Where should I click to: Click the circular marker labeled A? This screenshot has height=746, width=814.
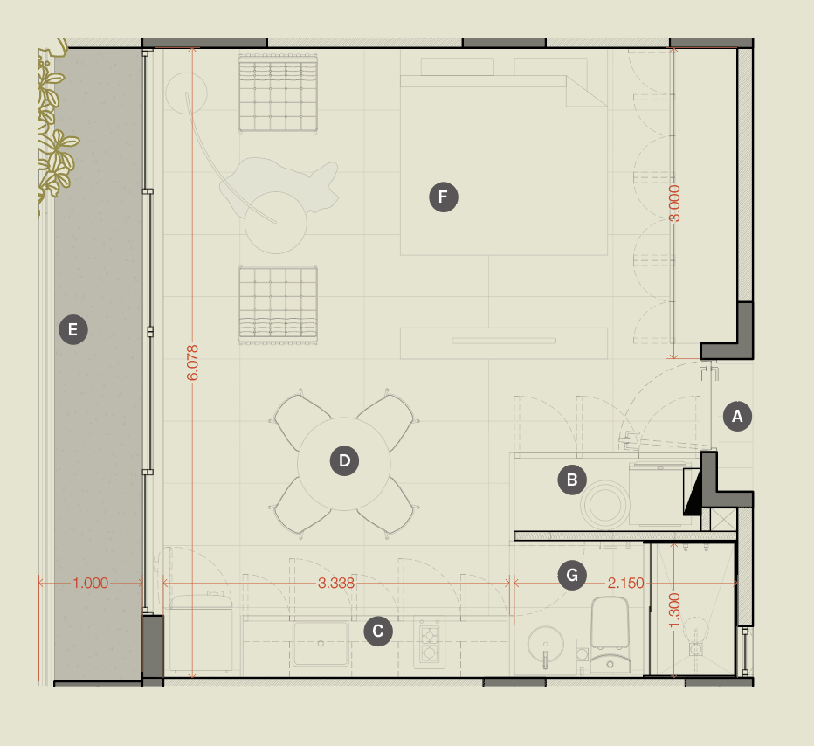tap(737, 416)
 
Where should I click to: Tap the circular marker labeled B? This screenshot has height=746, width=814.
tap(572, 480)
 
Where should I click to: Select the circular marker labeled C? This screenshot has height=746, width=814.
tap(378, 632)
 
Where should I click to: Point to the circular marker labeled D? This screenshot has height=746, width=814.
tap(344, 460)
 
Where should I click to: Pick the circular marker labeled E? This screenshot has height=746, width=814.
tap(73, 329)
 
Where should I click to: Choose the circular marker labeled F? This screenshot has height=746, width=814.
tap(444, 197)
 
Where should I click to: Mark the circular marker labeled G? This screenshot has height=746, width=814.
tap(572, 575)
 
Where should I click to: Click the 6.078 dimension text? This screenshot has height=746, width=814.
tap(192, 363)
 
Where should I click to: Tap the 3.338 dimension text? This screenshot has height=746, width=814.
tap(336, 583)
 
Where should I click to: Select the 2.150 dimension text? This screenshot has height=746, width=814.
tap(625, 583)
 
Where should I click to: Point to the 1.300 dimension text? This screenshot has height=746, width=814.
tap(673, 610)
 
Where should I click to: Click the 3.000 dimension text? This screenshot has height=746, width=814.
tap(674, 203)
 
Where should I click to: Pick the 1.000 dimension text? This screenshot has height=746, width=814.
tap(90, 583)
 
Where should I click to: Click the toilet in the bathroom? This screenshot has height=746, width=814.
tap(610, 635)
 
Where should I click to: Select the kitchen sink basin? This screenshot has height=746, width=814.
tap(321, 644)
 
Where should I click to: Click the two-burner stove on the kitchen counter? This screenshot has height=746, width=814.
tap(430, 643)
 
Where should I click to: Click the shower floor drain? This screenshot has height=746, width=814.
tap(695, 649)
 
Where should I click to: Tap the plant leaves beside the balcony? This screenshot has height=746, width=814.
tap(54, 130)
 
